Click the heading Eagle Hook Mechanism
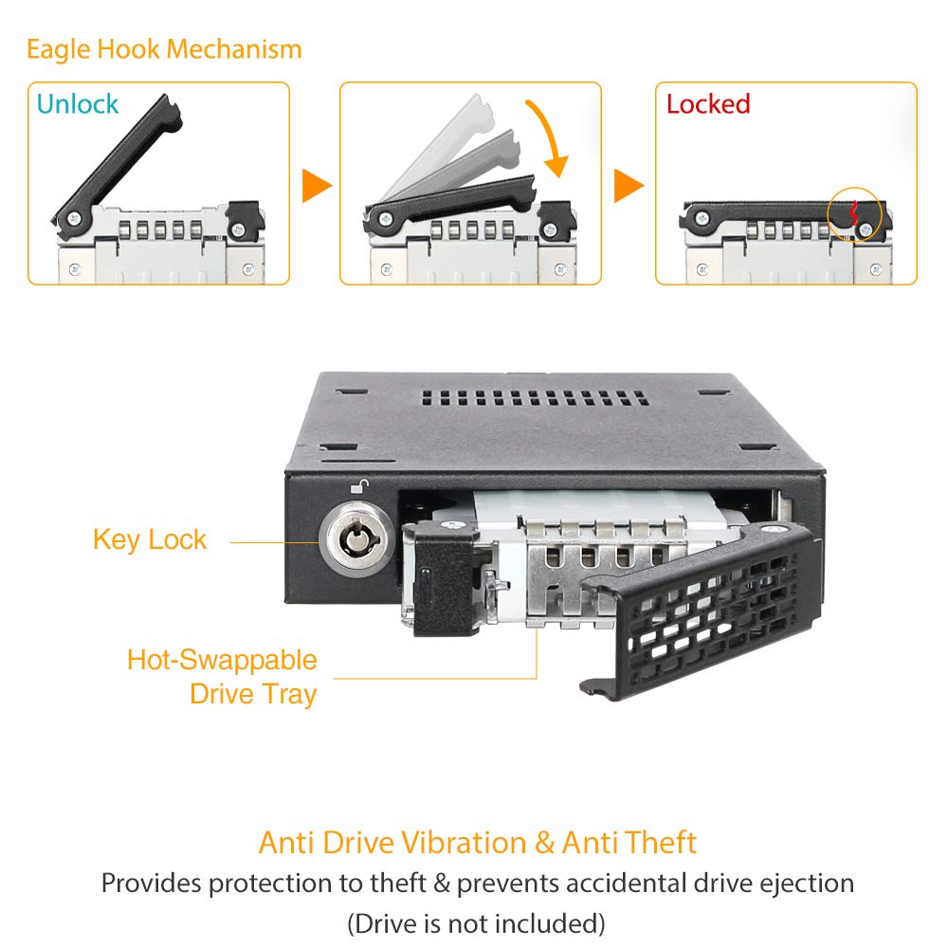click(x=164, y=48)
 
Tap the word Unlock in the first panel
click(x=78, y=103)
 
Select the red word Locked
click(x=707, y=103)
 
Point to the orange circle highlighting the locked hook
click(x=855, y=213)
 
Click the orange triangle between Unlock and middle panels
click(x=317, y=186)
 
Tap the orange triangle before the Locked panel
click(x=629, y=186)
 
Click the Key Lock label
click(x=149, y=539)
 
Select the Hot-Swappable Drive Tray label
click(x=222, y=676)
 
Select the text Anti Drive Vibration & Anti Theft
click(x=477, y=842)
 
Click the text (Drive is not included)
click(x=476, y=921)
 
